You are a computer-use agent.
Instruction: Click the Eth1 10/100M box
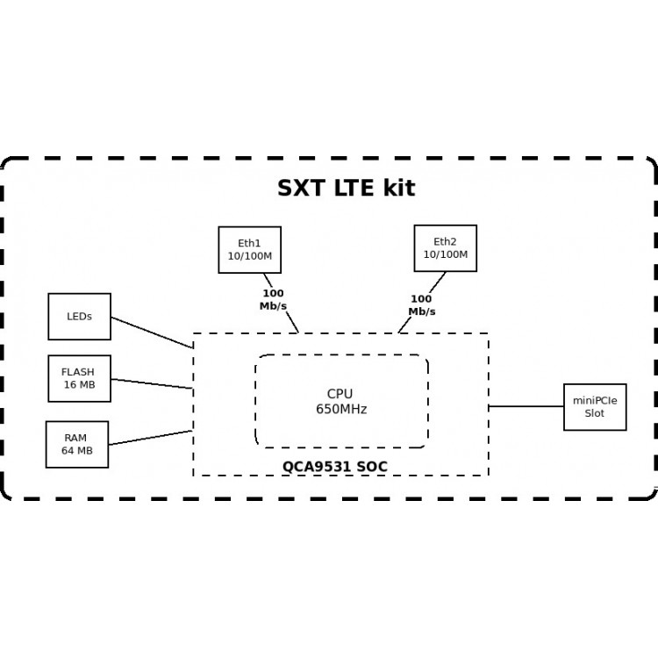(249, 249)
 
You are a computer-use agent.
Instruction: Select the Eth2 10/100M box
(445, 247)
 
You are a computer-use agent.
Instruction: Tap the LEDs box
(79, 316)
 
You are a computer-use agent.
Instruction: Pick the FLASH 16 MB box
(79, 378)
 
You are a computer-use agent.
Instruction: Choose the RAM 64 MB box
(76, 444)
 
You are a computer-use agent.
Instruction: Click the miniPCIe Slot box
(595, 407)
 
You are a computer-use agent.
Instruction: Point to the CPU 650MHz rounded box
(341, 401)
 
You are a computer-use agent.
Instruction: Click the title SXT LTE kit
(346, 189)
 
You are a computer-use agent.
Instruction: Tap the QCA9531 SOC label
(334, 467)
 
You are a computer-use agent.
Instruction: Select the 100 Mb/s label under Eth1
(273, 300)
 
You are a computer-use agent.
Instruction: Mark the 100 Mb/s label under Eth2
(421, 305)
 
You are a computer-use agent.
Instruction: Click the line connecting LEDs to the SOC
(151, 332)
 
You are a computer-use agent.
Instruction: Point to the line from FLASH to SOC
(151, 383)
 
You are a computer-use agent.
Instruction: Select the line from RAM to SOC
(149, 438)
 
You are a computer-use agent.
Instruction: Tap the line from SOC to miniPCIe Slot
(526, 406)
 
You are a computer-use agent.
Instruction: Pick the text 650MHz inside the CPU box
(341, 410)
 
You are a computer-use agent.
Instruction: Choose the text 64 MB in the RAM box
(76, 451)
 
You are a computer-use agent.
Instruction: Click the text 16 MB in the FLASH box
(79, 385)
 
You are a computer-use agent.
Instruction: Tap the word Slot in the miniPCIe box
(595, 414)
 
